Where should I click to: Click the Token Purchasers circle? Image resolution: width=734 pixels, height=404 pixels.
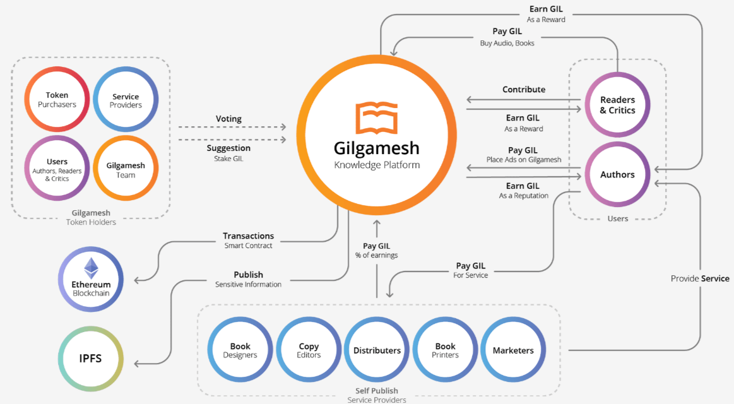[57, 100]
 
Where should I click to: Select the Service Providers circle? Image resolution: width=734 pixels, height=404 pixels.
[126, 100]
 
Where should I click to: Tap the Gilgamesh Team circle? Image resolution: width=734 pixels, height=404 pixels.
[126, 169]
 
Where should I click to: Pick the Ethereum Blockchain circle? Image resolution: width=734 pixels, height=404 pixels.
[91, 279]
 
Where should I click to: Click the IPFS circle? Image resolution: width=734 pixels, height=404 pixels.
[91, 359]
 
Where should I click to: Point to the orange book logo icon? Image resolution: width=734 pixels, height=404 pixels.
[376, 118]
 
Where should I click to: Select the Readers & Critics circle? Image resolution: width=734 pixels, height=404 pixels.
[617, 105]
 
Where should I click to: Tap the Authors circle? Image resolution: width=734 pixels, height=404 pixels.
[617, 174]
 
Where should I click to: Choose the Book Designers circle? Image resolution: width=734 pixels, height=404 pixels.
[240, 350]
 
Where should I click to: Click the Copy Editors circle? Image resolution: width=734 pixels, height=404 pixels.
[309, 350]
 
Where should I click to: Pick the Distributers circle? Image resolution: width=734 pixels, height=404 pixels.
[377, 350]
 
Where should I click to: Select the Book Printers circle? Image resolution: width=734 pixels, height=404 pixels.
[445, 350]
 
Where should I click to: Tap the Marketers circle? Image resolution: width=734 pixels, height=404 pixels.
[513, 350]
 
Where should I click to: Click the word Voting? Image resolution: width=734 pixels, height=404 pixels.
[228, 119]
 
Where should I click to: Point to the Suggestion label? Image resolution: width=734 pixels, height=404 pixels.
[228, 148]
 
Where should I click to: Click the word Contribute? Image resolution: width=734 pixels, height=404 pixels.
[524, 90]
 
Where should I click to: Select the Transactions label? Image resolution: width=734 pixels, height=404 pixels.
[248, 236]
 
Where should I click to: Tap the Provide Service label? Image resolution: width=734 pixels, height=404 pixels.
[700, 278]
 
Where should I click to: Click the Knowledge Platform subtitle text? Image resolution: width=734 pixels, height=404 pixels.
[377, 165]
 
